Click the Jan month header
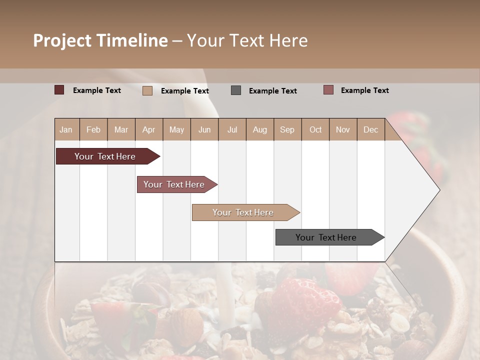click(66, 129)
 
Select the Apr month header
click(149, 129)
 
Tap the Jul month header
click(232, 129)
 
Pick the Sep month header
click(287, 129)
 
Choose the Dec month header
click(370, 129)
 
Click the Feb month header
click(93, 129)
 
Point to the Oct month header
click(315, 129)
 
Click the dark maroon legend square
click(59, 90)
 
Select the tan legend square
click(147, 90)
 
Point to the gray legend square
click(236, 90)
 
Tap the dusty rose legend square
click(328, 90)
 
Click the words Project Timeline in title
click(100, 40)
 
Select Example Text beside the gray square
click(272, 91)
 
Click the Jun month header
click(204, 129)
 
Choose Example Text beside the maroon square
click(97, 90)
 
